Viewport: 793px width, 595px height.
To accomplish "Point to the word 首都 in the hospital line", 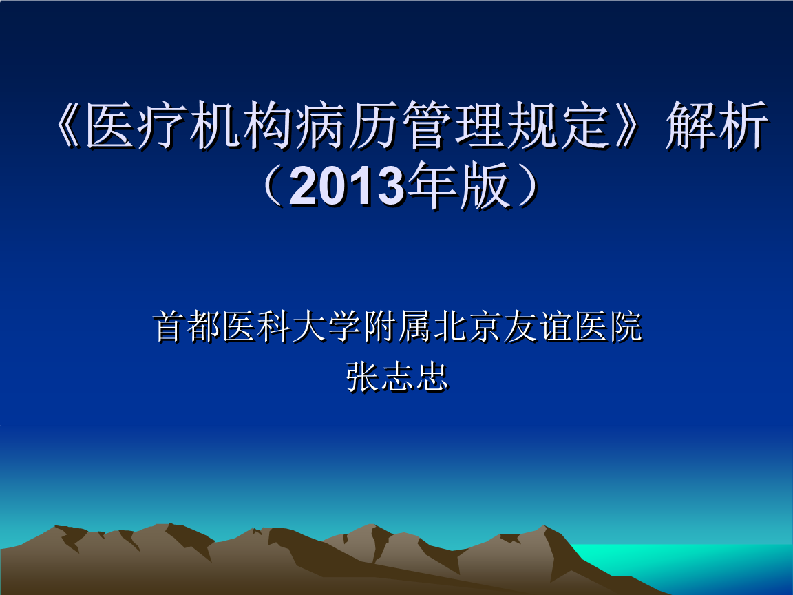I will [x=187, y=326].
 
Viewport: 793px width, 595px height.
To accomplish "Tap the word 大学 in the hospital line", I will [x=327, y=326].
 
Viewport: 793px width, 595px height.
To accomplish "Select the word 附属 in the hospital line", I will [x=397, y=326].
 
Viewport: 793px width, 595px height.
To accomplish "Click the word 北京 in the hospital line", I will [x=467, y=326].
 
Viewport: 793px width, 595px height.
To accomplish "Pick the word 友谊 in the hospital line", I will [x=538, y=326].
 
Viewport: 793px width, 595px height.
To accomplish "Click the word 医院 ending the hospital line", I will [x=608, y=326].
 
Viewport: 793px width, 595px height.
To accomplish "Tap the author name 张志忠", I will [x=397, y=377].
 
